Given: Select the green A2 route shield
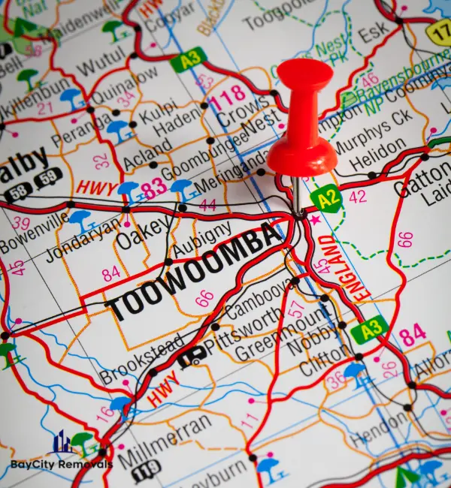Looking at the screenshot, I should [325, 197].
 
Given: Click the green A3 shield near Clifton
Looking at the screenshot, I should [370, 329].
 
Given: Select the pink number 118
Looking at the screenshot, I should [225, 96].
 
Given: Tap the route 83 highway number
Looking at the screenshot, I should [154, 187].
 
